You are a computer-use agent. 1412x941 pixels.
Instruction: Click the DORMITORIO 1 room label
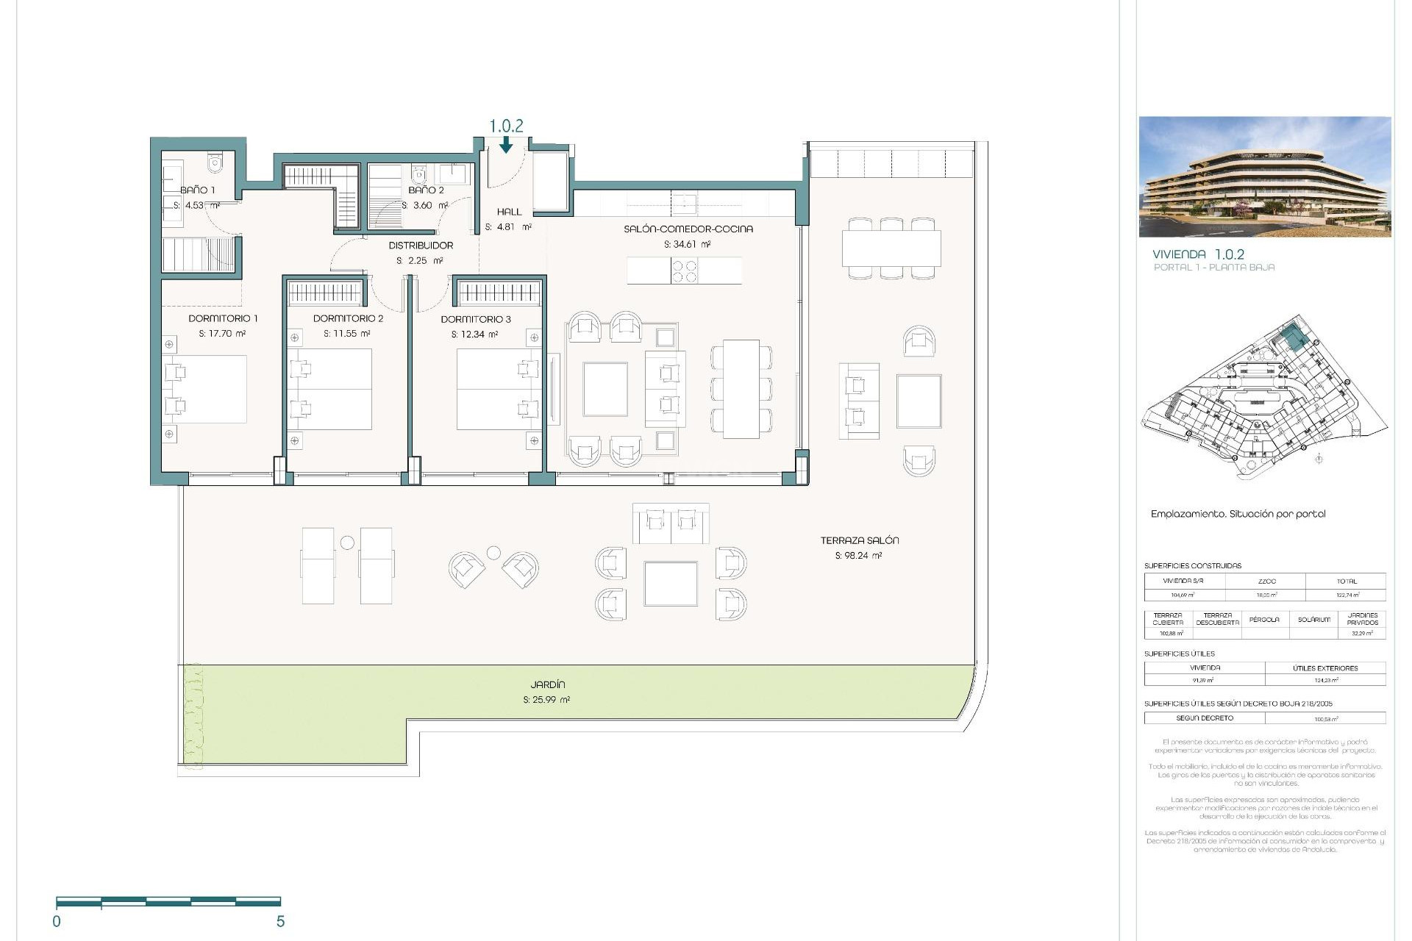click(223, 318)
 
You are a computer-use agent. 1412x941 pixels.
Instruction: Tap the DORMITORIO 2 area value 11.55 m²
click(346, 334)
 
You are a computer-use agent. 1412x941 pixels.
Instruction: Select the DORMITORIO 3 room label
click(476, 319)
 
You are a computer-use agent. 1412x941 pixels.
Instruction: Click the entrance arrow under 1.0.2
click(506, 146)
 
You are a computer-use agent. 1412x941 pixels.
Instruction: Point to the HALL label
click(509, 212)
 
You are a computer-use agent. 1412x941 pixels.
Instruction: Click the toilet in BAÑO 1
click(215, 162)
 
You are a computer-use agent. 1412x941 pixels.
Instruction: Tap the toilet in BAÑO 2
click(418, 174)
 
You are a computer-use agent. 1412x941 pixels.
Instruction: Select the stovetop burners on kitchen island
click(685, 271)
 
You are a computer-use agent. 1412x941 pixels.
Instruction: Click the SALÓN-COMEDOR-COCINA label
click(688, 229)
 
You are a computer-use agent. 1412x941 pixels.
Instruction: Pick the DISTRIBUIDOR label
click(421, 246)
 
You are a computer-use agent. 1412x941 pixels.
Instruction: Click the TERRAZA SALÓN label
click(860, 540)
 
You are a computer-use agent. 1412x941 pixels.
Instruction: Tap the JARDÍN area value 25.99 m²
click(546, 700)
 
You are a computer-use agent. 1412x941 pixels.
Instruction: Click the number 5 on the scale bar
click(280, 922)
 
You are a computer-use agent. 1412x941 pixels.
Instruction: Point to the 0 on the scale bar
click(57, 922)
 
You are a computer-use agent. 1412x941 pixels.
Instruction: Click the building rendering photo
click(1265, 176)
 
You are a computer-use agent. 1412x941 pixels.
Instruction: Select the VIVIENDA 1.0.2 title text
click(1198, 254)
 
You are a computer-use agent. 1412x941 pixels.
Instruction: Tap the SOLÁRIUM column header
click(1313, 620)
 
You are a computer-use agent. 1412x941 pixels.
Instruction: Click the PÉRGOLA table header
click(1264, 620)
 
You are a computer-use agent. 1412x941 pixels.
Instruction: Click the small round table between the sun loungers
click(347, 543)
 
